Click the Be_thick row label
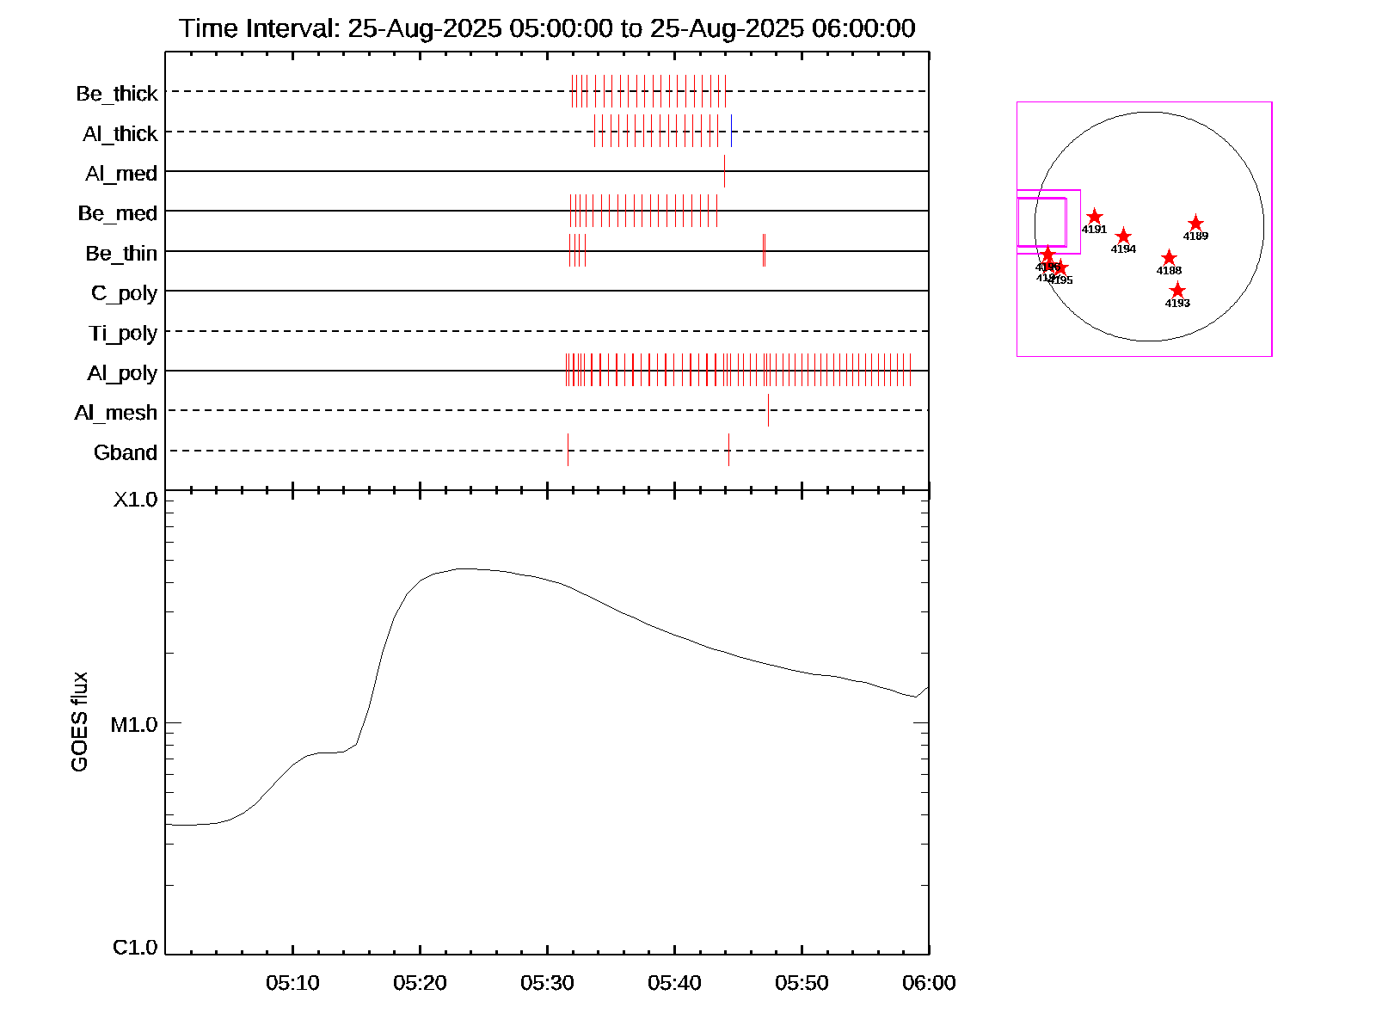(117, 94)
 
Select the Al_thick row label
(120, 134)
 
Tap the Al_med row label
(121, 174)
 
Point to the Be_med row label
(118, 213)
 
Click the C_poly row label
(125, 293)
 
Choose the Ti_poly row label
(123, 333)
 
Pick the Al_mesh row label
(116, 413)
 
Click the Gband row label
(126, 452)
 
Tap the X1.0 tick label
(136, 500)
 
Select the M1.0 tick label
(134, 725)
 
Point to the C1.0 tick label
(135, 948)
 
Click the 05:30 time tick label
(547, 983)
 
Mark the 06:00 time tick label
(929, 983)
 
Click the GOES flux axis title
(79, 722)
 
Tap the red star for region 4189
(1195, 224)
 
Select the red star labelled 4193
(1177, 291)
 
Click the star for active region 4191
(1094, 217)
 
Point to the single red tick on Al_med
(724, 171)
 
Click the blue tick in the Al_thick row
(731, 131)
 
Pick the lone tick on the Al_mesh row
(768, 410)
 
